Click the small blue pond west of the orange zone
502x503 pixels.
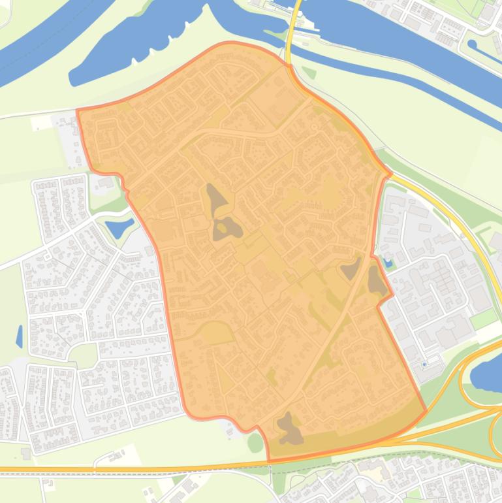click(119, 228)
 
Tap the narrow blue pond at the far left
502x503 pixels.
click(20, 336)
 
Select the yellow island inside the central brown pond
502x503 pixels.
click(222, 227)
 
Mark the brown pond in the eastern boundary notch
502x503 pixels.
click(377, 281)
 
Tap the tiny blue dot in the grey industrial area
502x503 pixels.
click(424, 364)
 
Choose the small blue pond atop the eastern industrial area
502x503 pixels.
click(389, 264)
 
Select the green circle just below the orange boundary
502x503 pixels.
click(255, 442)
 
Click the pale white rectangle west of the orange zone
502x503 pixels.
click(40, 122)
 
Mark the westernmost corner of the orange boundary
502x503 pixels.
click(78, 112)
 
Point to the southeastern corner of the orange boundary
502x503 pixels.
click(426, 412)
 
